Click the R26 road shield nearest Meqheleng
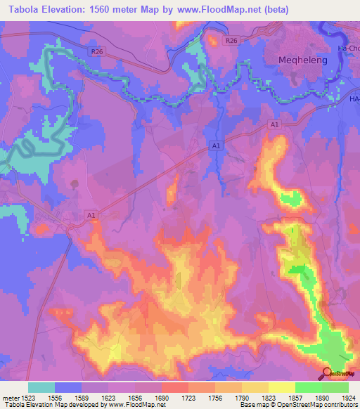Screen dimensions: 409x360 (x=231, y=41)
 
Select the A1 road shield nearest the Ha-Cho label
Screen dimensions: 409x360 (x=276, y=124)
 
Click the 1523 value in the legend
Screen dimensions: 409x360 (x=28, y=397)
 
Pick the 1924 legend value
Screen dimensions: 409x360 (x=348, y=397)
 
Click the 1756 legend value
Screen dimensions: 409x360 (x=215, y=397)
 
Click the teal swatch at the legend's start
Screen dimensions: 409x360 (x=41, y=387)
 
